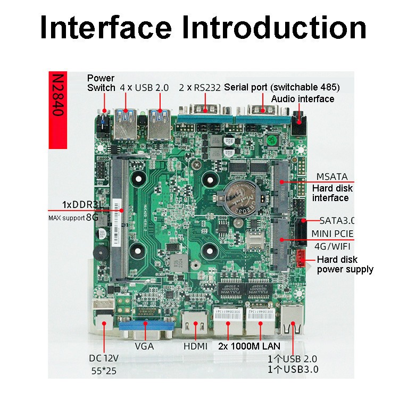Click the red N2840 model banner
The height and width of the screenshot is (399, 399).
58,110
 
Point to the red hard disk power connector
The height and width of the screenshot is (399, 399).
301,258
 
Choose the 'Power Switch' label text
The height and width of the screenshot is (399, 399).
101,82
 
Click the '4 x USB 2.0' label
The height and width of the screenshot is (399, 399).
144,88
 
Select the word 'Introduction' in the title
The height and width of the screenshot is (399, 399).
274,27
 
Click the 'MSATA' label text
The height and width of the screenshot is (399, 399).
332,177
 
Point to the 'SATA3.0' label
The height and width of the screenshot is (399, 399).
337,221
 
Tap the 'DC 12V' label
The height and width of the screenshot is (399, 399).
104,358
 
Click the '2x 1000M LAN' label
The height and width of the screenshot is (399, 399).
249,346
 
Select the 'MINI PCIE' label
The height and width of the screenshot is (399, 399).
332,234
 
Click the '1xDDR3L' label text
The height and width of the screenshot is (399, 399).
82,205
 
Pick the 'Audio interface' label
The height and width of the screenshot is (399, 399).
303,99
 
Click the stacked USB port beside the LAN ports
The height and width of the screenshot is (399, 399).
292,319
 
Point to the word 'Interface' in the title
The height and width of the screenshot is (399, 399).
106,27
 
